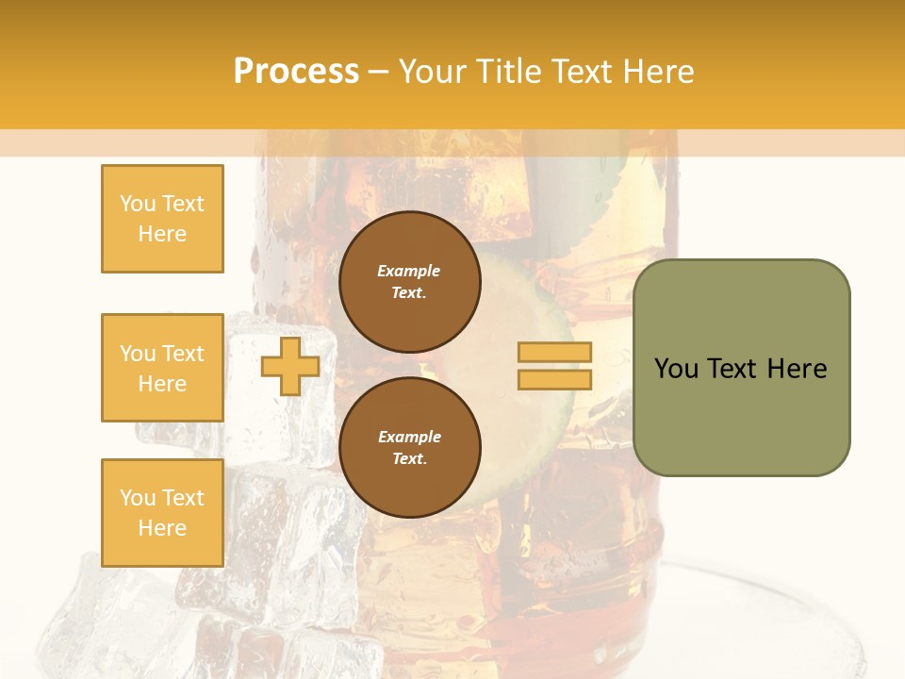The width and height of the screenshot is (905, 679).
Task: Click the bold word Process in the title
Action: click(296, 72)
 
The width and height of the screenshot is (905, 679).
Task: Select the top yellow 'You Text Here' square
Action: click(162, 219)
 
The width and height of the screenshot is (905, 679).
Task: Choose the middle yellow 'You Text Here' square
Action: click(162, 368)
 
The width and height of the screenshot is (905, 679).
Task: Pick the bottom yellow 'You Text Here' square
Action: click(162, 513)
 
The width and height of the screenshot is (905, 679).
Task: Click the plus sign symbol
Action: click(289, 366)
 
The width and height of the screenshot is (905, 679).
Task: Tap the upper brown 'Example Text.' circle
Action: click(409, 282)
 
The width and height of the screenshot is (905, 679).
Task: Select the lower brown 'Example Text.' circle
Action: click(409, 448)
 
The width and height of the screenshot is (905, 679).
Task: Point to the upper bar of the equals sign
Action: click(554, 352)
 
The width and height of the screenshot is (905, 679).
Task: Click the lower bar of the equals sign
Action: click(554, 379)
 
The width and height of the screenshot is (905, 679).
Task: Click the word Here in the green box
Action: click(797, 369)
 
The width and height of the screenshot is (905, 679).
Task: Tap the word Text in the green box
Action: click(732, 369)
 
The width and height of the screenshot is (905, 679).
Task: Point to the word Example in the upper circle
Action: click(409, 272)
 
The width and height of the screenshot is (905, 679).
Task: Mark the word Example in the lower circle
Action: click(409, 438)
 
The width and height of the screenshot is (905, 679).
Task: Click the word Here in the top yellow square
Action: click(162, 234)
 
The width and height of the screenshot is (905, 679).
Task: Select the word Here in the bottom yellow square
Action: click(162, 528)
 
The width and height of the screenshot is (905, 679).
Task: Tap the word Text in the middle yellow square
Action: click(183, 354)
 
